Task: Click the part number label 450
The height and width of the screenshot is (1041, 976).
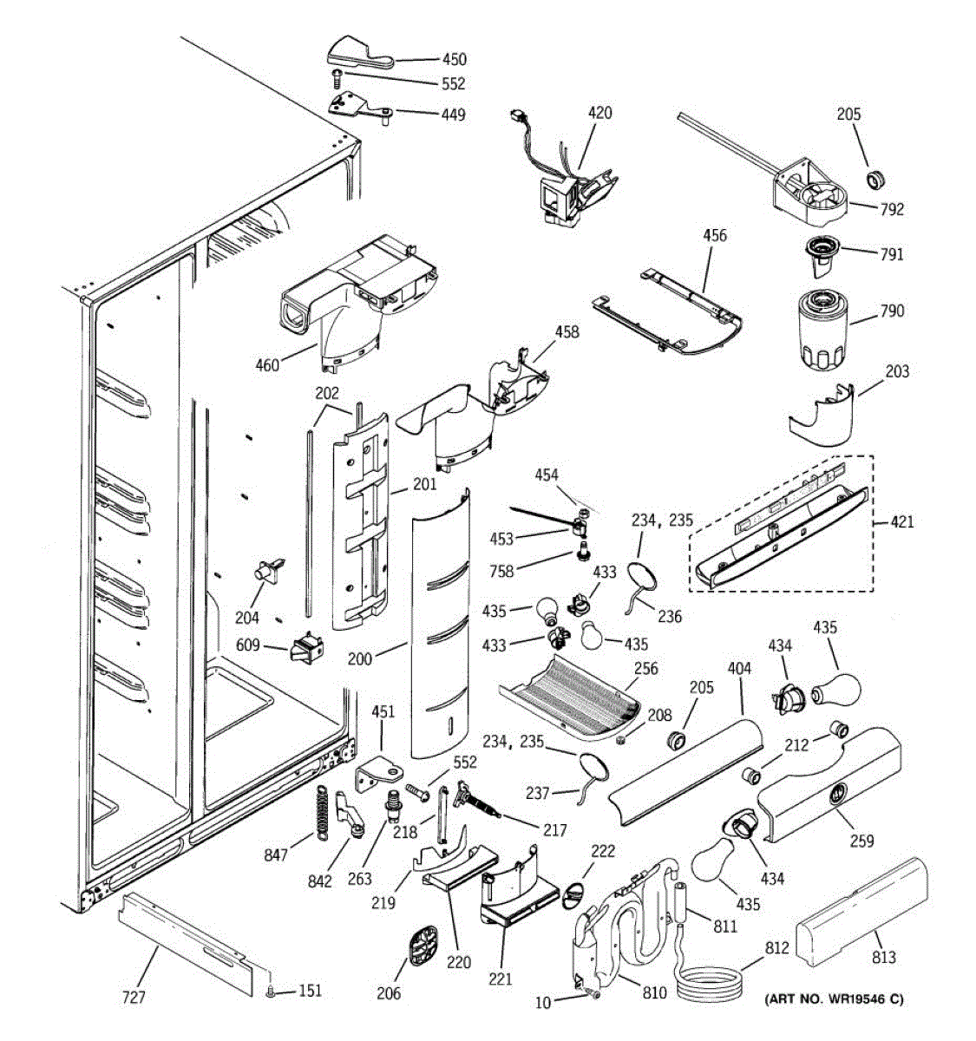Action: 455,59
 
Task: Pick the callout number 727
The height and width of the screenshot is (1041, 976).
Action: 134,997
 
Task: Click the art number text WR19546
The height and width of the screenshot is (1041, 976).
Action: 856,999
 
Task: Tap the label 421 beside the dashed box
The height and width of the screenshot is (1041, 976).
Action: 901,521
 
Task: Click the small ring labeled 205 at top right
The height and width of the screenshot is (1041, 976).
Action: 874,179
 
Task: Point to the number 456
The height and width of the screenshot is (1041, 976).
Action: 715,235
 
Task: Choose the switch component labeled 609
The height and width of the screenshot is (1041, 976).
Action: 307,647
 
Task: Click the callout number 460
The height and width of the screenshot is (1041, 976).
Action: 267,365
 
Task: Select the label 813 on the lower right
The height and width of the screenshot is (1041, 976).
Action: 884,957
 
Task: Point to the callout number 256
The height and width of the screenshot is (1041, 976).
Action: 645,668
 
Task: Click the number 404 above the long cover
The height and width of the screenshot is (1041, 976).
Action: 739,668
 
